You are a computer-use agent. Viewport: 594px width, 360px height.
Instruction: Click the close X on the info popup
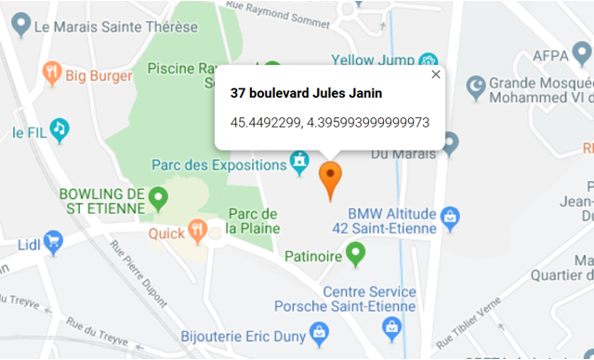(x=435, y=74)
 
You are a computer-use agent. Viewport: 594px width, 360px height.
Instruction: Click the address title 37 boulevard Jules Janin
(x=306, y=93)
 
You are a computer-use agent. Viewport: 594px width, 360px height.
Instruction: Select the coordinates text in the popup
(x=329, y=122)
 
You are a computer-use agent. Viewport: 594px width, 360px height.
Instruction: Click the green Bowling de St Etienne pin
(x=159, y=196)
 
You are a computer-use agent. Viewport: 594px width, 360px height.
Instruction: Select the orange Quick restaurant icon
(x=196, y=228)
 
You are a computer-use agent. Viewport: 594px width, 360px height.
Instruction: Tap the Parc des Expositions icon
(x=299, y=165)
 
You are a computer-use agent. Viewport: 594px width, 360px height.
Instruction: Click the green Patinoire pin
(x=355, y=251)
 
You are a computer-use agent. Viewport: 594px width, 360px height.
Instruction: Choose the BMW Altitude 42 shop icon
(x=450, y=216)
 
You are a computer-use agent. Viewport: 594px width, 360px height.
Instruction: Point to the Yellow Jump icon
(x=429, y=60)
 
